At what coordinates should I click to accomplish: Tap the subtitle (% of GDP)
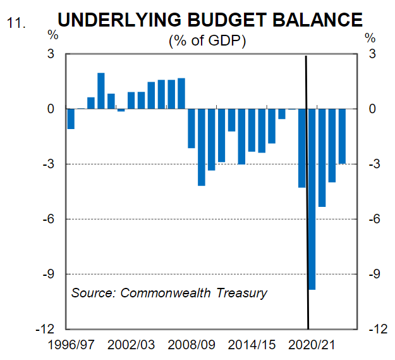(x=207, y=41)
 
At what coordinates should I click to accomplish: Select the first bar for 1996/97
(x=71, y=119)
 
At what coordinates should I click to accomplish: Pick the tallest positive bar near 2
(x=101, y=91)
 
